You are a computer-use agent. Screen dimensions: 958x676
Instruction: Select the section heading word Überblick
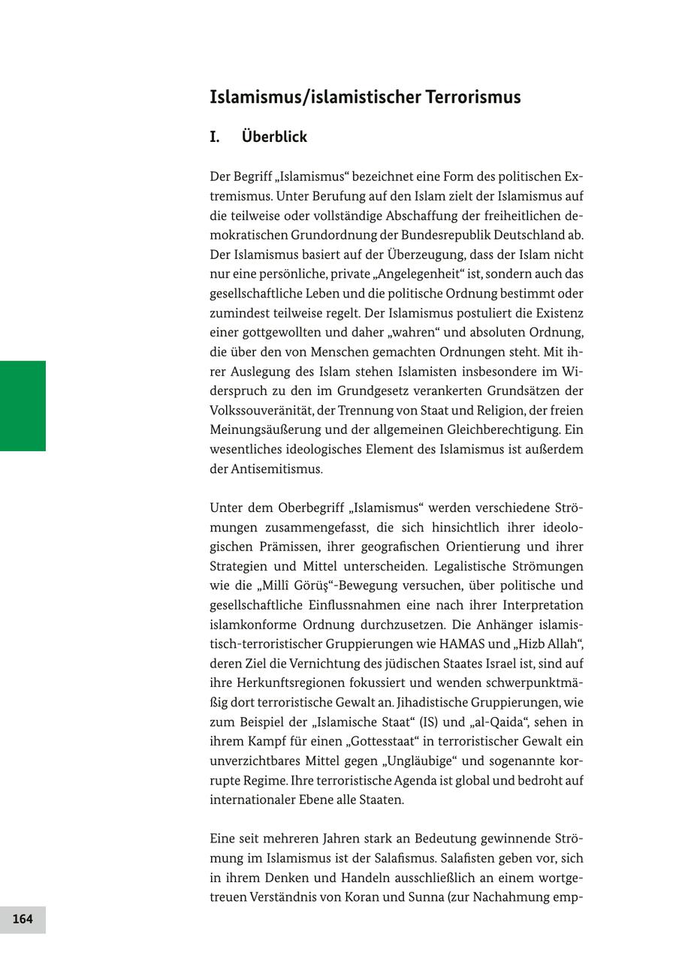(x=274, y=137)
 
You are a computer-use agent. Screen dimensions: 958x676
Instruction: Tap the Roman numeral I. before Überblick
(x=215, y=137)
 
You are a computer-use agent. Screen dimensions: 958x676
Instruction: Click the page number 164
(x=23, y=919)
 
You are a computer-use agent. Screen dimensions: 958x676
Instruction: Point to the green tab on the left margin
(x=23, y=405)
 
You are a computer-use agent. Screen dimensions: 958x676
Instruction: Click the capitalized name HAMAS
(x=469, y=644)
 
